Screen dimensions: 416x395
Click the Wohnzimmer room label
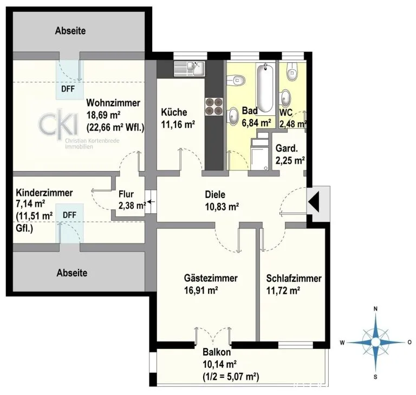[x=113, y=103]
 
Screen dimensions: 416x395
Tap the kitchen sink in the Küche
[x=189, y=69]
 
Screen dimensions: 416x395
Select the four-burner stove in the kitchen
[x=214, y=107]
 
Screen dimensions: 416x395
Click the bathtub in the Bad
[x=265, y=87]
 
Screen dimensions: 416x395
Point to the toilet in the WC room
[x=292, y=70]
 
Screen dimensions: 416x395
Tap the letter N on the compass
[x=375, y=308]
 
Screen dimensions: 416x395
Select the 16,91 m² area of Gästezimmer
[x=201, y=290]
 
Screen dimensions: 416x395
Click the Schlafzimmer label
[x=294, y=278]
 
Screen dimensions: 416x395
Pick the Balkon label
[x=217, y=352]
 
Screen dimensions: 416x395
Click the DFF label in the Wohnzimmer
[x=68, y=89]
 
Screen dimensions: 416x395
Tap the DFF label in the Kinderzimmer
[x=69, y=215]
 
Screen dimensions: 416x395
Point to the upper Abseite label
[x=70, y=31]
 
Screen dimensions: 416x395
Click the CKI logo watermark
[x=58, y=124]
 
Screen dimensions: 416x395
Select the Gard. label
[x=287, y=148]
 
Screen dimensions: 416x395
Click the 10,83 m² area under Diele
[x=222, y=206]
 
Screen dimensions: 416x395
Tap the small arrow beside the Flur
[x=151, y=202]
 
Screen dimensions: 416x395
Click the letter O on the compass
[x=409, y=343]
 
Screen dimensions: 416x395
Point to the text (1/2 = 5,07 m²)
[x=231, y=377]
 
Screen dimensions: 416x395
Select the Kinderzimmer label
[x=44, y=193]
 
